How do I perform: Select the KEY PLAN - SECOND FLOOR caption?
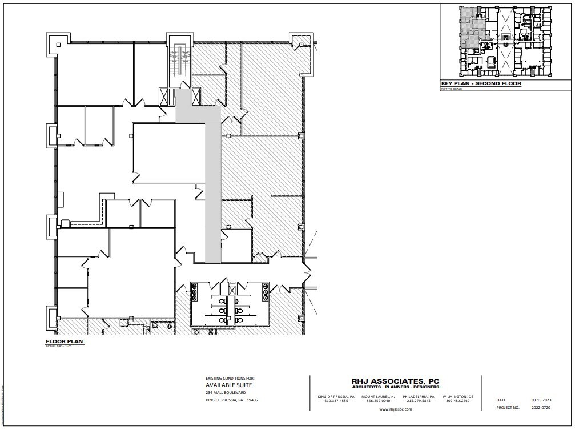pyautogui.click(x=481, y=84)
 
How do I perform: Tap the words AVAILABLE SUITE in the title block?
pyautogui.click(x=228, y=385)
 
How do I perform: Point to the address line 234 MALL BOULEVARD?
pyautogui.click(x=226, y=393)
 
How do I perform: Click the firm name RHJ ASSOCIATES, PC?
pyautogui.click(x=395, y=381)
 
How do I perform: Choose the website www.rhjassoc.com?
pyautogui.click(x=395, y=409)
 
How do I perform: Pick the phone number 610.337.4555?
pyautogui.click(x=336, y=401)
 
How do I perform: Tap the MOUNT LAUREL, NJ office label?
pyautogui.click(x=378, y=396)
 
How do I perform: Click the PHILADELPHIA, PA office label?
pyautogui.click(x=418, y=396)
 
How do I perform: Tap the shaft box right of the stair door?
pyautogui.click(x=196, y=97)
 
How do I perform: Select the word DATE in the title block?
pyautogui.click(x=501, y=400)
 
